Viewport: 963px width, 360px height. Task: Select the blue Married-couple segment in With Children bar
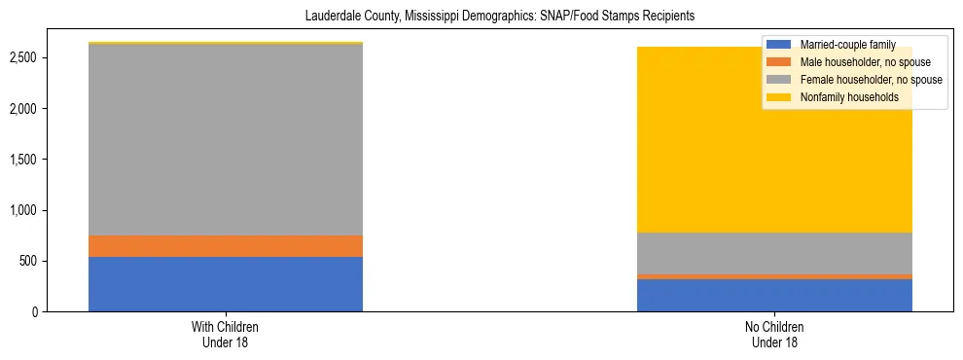click(x=226, y=284)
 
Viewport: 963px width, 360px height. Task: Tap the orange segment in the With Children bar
click(x=226, y=246)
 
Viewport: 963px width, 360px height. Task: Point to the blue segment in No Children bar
click(x=774, y=296)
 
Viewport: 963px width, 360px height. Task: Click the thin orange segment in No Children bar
click(x=774, y=276)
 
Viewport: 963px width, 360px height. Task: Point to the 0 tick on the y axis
click(x=35, y=312)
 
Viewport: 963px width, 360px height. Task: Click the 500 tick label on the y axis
click(x=28, y=262)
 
